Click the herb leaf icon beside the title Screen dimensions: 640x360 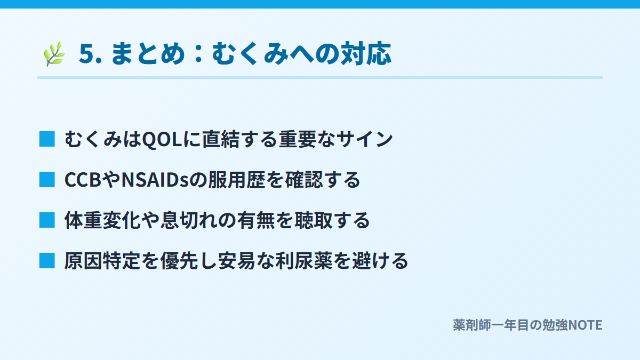(x=54, y=54)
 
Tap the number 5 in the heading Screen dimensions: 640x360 (x=86, y=53)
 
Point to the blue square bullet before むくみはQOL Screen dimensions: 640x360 (x=47, y=139)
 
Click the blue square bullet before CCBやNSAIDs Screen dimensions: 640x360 (x=47, y=179)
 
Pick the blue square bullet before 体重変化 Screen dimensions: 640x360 (x=47, y=220)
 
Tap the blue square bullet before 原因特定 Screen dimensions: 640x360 (x=47, y=261)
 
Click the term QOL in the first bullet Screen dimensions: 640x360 (x=162, y=139)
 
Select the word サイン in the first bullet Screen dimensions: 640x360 (x=364, y=139)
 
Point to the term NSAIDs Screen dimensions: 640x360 (x=155, y=180)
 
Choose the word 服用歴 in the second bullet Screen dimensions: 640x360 (x=237, y=180)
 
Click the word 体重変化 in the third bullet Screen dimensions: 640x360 (x=102, y=220)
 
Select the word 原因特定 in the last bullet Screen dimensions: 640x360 (x=102, y=261)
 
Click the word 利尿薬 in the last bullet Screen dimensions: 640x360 (x=304, y=261)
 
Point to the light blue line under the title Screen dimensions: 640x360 (x=320, y=77)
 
